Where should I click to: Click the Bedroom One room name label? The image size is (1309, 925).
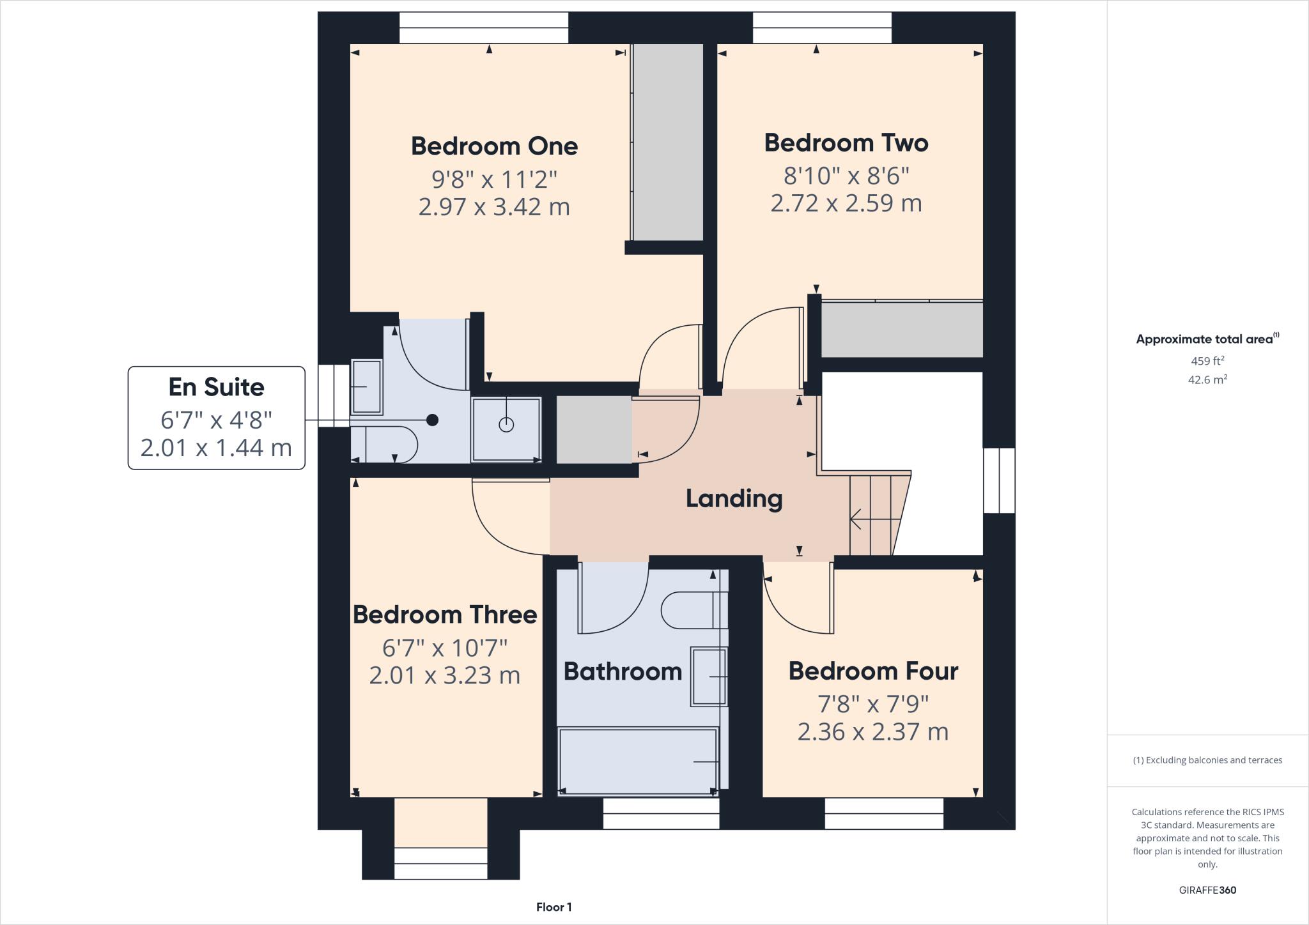pos(494,146)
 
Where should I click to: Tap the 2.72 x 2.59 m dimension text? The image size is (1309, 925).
pos(846,203)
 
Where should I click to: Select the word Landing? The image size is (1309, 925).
pos(734,499)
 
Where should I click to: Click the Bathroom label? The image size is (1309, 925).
pos(623,671)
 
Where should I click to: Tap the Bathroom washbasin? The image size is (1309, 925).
pos(709,677)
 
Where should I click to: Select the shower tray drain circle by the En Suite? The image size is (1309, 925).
pos(506,425)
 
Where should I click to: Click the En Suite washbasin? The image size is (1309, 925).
pos(366,387)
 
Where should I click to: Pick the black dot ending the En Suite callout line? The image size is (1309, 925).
pos(433,420)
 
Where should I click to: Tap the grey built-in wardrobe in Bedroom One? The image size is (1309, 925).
pos(668,142)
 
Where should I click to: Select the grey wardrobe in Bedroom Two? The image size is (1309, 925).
pos(901,330)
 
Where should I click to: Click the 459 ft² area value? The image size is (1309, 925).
pos(1207,361)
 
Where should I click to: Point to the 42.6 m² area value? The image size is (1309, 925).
pos(1207,379)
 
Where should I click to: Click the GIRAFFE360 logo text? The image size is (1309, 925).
pos(1207,890)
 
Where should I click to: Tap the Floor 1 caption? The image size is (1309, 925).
pos(554,907)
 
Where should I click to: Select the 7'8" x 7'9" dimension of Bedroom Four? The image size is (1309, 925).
pos(873,704)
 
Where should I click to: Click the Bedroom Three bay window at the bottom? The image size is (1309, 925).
pos(440,855)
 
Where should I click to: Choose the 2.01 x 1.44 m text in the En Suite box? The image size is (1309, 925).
pos(216,448)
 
